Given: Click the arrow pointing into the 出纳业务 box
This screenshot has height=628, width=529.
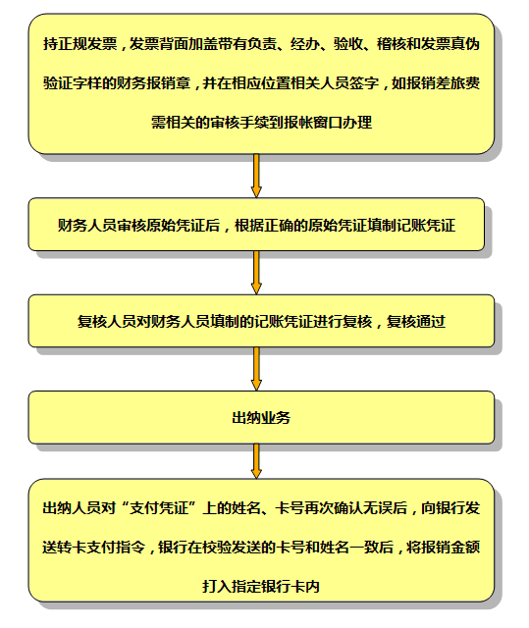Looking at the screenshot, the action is [x=256, y=369].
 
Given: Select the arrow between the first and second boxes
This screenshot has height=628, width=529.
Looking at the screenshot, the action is [x=256, y=176].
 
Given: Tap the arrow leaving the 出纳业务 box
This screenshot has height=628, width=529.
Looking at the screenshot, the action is [x=256, y=461].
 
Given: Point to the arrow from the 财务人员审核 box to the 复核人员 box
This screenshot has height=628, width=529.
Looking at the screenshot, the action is [x=256, y=273].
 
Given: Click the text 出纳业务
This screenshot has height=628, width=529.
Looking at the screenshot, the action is [x=261, y=418].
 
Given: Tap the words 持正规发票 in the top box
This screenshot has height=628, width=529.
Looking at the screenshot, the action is [x=79, y=43].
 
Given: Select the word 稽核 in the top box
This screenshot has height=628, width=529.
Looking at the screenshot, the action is [x=392, y=43].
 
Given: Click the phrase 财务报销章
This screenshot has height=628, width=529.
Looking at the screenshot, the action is [x=153, y=82].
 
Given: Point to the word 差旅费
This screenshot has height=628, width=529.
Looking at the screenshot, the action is [x=457, y=82].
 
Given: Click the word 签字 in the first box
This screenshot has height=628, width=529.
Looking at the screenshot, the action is [x=363, y=82].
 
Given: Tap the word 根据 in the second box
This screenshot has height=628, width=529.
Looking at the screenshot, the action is [x=249, y=226].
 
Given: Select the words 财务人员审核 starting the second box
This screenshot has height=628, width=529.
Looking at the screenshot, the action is [x=102, y=226].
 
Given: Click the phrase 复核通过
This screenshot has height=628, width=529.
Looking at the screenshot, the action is [x=416, y=322].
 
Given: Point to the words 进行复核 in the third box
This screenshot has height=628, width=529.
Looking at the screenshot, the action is [x=343, y=322].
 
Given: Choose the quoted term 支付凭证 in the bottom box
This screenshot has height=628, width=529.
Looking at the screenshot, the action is [x=159, y=508].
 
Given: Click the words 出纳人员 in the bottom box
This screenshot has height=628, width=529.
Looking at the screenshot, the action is [x=72, y=508].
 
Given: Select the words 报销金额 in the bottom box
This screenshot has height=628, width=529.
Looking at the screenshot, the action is [x=450, y=548].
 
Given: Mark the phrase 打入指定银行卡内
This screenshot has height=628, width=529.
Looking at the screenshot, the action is [x=261, y=587].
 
